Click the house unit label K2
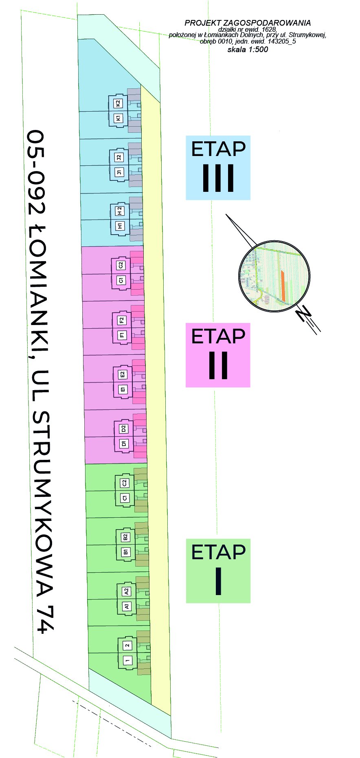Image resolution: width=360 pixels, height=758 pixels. pos(118,103)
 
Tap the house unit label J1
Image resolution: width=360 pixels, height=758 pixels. pos(119,172)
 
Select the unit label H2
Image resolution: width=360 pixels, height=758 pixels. pos(120,211)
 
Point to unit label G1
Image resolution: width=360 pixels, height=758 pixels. pos(121,280)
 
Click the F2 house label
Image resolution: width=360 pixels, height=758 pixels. pos(121,320)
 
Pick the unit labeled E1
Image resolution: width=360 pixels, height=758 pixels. pos(123,389)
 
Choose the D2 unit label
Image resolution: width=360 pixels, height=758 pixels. pos(123,428)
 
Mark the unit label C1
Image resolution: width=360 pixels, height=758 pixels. pos(125,498)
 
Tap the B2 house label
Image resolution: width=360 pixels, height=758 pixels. pos(125,537)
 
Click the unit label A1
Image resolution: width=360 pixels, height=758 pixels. pos(126,606)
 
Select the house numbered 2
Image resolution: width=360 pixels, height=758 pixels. pos(127,645)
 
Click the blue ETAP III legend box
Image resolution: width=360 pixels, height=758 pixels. pos(218,168)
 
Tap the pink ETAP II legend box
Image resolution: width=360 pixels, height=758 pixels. pos(218,355)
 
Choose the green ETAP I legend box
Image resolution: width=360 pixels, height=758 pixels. pos(218,571)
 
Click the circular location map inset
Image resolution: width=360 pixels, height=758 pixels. pos(274,276)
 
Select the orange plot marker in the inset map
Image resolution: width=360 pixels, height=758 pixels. pos(283,285)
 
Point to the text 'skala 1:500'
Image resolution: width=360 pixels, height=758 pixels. pos(248,50)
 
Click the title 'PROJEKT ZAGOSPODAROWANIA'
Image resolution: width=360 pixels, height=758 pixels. pos(248,23)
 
